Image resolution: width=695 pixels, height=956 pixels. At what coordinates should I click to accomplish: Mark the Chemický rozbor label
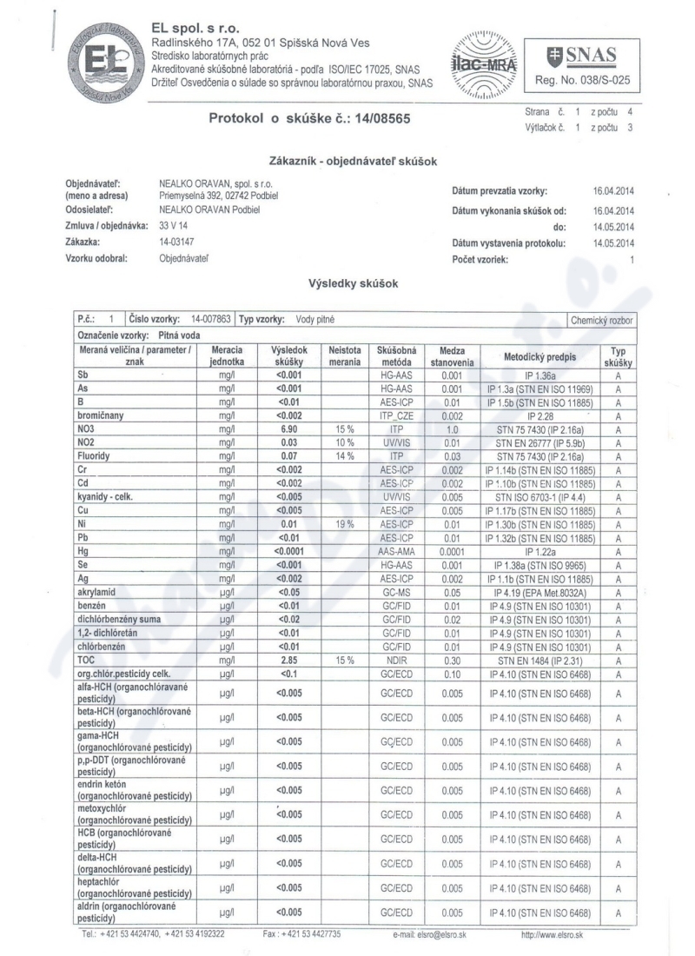click(602, 321)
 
